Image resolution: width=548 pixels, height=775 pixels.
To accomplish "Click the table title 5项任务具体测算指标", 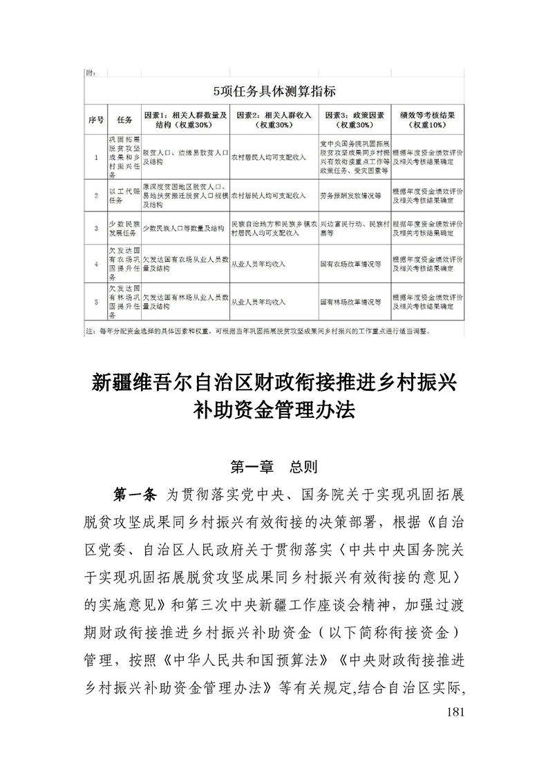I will point(274,90).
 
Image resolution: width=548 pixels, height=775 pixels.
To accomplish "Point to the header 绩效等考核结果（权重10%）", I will point(428,119).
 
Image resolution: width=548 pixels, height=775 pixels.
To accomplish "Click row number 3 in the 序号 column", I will point(96,227).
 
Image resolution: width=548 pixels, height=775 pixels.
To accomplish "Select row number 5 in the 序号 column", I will point(96,301).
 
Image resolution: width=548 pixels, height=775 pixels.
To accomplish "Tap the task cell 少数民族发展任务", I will point(124,227).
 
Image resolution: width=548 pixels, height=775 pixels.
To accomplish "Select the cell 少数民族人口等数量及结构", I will point(183,227).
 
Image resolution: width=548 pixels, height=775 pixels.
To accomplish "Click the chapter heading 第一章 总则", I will point(274,468).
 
